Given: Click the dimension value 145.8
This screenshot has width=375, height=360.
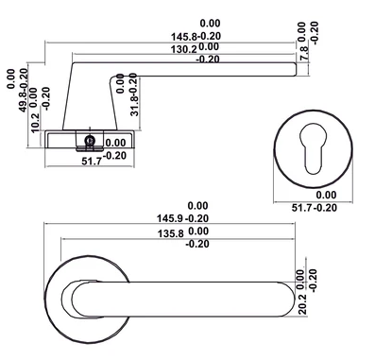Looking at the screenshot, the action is coord(184,37).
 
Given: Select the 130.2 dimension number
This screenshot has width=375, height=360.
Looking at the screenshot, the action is coord(184,49).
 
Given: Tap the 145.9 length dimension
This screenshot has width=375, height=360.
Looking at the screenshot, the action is coord(170,218).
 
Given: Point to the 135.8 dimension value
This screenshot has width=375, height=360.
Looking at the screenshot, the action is coord(170,233).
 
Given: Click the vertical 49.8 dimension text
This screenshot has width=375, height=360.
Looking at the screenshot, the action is coord(24,102).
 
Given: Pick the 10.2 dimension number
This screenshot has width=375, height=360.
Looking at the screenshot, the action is coord(35,123).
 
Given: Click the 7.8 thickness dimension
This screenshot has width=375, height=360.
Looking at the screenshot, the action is coord(304,53).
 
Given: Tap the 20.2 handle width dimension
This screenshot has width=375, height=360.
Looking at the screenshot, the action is coord(302,304).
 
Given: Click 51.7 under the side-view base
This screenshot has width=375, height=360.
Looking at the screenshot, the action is coord(92,162).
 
